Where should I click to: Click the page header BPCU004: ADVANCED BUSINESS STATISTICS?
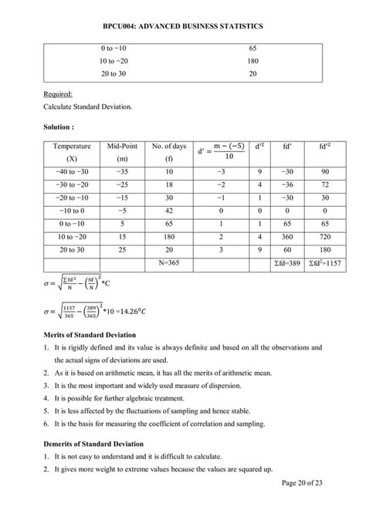183,26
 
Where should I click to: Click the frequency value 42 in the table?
169,210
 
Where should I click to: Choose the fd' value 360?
287,236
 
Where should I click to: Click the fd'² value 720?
325,236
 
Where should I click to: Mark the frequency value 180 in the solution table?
169,236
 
